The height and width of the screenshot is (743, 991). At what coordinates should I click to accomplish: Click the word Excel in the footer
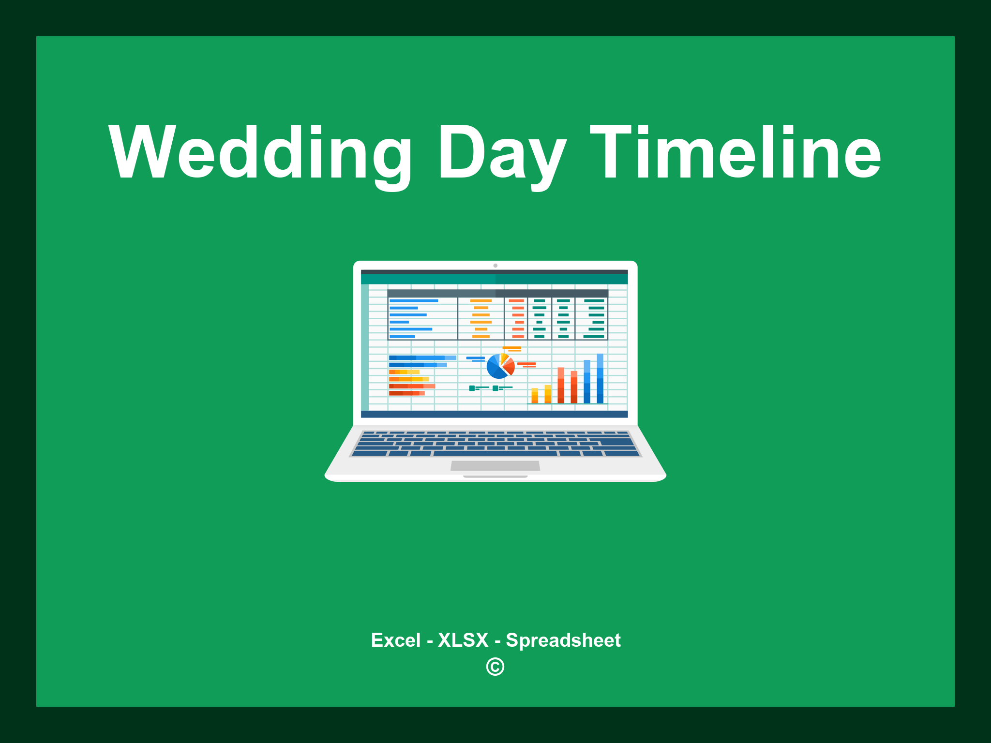coord(396,640)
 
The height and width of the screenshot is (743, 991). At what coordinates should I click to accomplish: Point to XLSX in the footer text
coord(463,640)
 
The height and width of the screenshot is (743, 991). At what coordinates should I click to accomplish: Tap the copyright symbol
coord(495,667)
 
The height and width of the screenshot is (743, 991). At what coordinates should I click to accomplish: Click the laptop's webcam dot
coord(495,266)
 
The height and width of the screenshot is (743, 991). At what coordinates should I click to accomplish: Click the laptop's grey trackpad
coord(495,466)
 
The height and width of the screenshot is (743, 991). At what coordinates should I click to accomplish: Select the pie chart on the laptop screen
coord(500,366)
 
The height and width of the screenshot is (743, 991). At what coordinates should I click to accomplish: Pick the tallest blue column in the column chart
coord(600,378)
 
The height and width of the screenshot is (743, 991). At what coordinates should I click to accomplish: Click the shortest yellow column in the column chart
coord(535,395)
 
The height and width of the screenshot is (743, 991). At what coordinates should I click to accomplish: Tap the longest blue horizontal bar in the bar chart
coord(422,358)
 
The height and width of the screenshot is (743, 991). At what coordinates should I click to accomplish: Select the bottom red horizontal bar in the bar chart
coord(407,393)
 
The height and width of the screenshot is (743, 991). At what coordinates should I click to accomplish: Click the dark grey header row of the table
coord(497,293)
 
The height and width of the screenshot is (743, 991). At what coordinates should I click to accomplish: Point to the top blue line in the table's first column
coord(414,301)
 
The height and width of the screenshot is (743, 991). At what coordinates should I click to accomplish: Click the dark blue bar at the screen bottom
coord(494,414)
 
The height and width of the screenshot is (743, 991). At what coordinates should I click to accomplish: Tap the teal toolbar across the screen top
coord(494,279)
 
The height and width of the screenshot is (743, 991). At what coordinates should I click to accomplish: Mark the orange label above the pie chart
coord(512,348)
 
